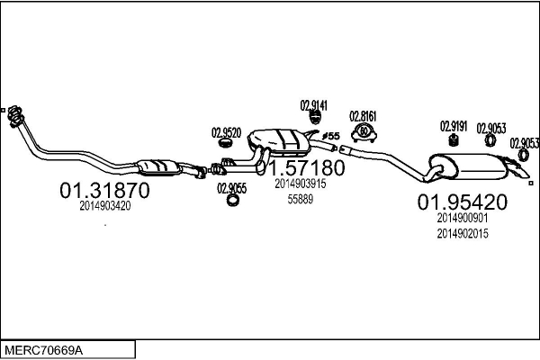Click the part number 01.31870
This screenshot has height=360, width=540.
pos(104,191)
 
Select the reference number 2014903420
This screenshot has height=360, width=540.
pos(105,206)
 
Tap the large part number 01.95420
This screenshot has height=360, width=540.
pos(463,202)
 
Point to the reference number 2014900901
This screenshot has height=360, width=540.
pos(463,218)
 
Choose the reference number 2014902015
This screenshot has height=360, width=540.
pos(463,234)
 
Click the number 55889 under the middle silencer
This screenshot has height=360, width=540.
pos(301,199)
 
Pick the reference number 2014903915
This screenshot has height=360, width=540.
pos(301,184)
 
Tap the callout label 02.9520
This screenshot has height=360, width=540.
pos(226,132)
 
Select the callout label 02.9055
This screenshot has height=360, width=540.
pos(232,188)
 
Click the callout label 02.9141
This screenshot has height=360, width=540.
pos(314,105)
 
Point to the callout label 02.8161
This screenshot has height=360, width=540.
pos(363,116)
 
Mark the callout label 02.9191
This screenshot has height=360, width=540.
pos(454,126)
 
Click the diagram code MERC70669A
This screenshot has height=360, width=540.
pos(44,350)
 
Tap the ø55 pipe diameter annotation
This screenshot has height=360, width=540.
pos(331,136)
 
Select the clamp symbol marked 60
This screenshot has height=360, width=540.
pos(364,133)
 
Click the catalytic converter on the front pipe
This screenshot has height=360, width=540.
pos(158,167)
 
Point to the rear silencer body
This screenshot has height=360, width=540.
pos(468,166)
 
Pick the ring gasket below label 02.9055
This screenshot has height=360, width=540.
pos(233,200)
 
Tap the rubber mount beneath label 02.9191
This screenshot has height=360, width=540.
pos(454,140)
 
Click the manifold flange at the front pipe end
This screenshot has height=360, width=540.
pos(15,116)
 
